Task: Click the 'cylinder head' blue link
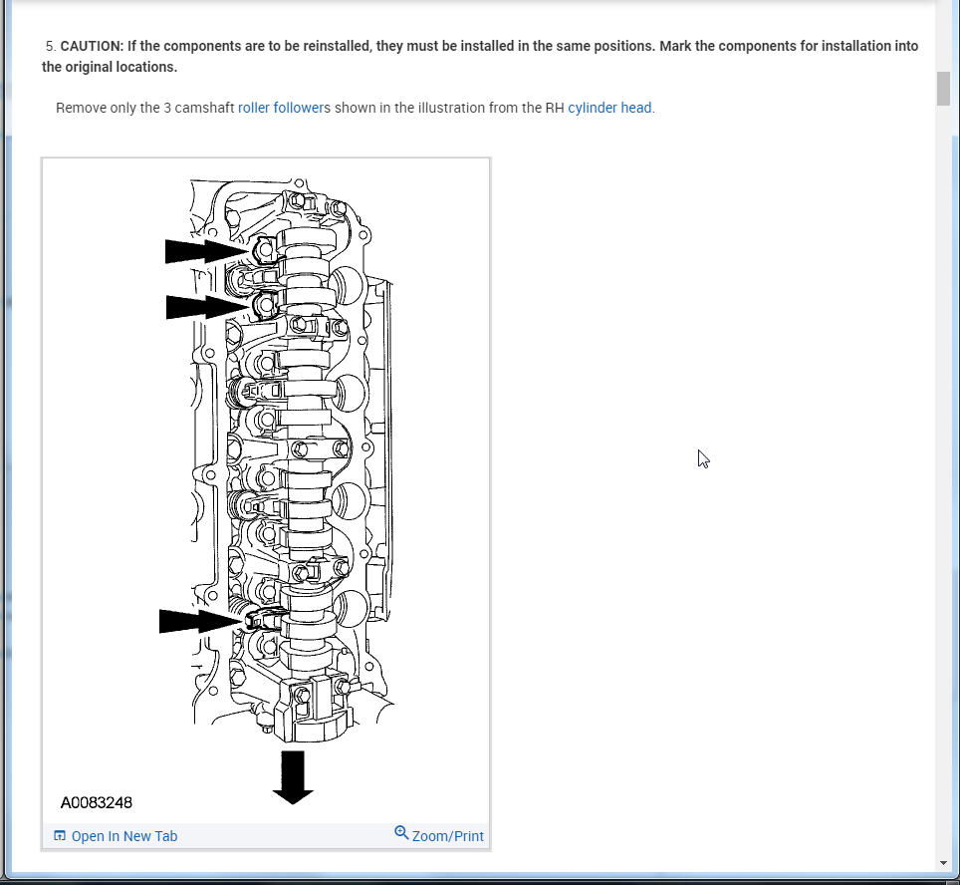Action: click(x=609, y=108)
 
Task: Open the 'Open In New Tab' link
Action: click(x=123, y=836)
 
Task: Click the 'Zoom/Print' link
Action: click(x=447, y=836)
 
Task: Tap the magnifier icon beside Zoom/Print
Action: click(x=401, y=832)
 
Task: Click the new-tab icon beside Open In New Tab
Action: click(x=60, y=836)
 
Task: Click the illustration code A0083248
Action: click(x=97, y=802)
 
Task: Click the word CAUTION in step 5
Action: click(x=91, y=46)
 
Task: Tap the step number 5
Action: click(x=49, y=46)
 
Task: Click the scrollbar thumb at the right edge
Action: click(x=943, y=88)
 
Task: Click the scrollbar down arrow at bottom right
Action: click(x=943, y=862)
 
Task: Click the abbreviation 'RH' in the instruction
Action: click(x=555, y=108)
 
